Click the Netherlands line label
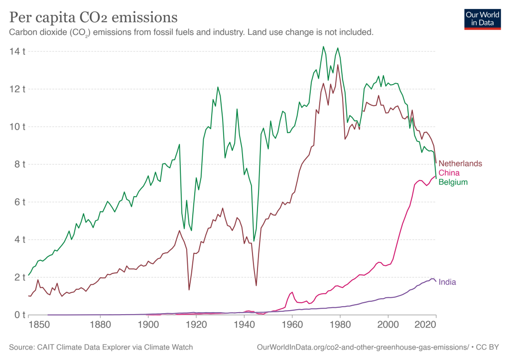click(x=460, y=163)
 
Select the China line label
click(x=449, y=173)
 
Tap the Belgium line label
click(x=453, y=182)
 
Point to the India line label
click(x=447, y=282)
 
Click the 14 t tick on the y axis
click(x=17, y=51)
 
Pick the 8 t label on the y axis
click(x=19, y=164)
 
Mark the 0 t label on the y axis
click(x=19, y=315)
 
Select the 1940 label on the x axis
click(x=244, y=325)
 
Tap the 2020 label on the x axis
click(x=425, y=325)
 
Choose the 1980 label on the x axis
click(x=340, y=325)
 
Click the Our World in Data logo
click(x=482, y=19)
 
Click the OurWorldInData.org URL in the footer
click(x=363, y=348)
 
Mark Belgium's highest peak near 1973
click(x=323, y=46)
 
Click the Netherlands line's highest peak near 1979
click(x=338, y=65)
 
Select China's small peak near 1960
click(x=292, y=292)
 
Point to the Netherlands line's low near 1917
click(x=189, y=290)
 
